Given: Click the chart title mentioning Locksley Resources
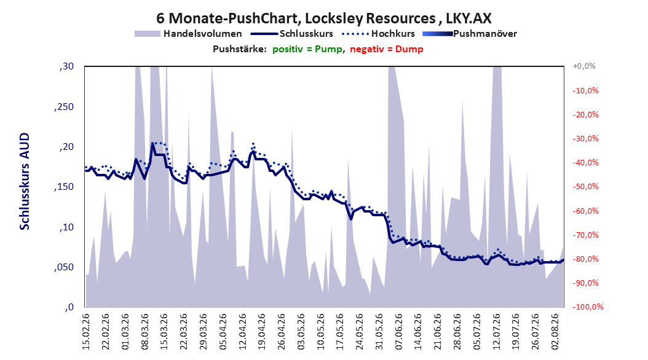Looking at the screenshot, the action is [323, 18].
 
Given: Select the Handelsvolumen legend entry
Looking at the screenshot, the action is [189, 34].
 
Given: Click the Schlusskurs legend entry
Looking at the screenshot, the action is [292, 34].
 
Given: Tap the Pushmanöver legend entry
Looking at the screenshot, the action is [470, 34].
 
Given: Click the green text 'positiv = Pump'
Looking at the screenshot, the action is [307, 49].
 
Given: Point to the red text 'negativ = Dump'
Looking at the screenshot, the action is [387, 49].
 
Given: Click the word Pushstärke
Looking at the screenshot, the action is [240, 49].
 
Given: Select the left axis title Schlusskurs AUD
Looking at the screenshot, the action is [25, 181].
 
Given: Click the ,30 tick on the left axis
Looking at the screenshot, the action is [66, 66].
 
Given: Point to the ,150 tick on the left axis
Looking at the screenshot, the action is [64, 187].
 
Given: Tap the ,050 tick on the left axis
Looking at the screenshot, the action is [64, 267].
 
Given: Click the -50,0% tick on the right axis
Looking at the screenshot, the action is [585, 187].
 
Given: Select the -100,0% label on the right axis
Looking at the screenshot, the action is [588, 307].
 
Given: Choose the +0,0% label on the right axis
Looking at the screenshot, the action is [584, 66].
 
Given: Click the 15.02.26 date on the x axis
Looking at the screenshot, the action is [86, 332].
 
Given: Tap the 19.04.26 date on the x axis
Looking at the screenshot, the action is [262, 332].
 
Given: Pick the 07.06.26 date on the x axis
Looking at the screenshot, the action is [399, 332].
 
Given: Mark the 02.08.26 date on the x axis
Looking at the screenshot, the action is [555, 332].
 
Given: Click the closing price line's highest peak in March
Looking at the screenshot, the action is [152, 143].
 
